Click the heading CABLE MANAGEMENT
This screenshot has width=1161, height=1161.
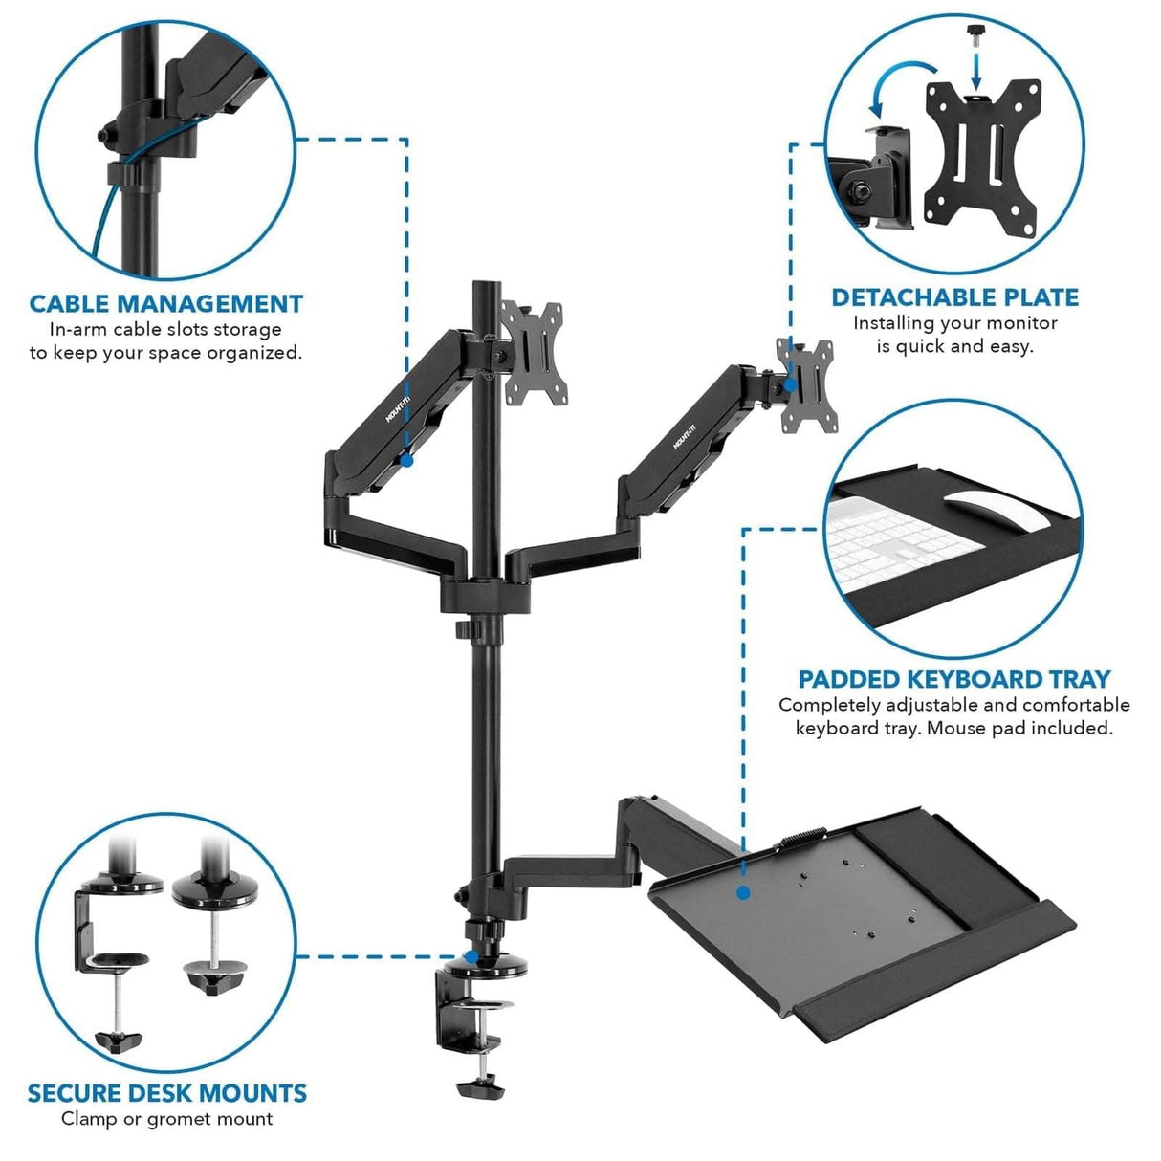[x=166, y=304]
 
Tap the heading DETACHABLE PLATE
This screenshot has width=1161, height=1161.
[x=954, y=297]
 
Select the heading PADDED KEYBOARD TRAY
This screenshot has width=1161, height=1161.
[x=954, y=679]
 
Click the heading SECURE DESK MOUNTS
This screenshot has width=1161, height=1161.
[x=167, y=1093]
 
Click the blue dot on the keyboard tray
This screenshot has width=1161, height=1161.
[x=742, y=893]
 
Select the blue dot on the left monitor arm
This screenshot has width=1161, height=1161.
[x=406, y=460]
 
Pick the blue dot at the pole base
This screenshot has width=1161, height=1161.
[x=471, y=955]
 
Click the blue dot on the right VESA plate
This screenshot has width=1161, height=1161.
[x=790, y=383]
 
